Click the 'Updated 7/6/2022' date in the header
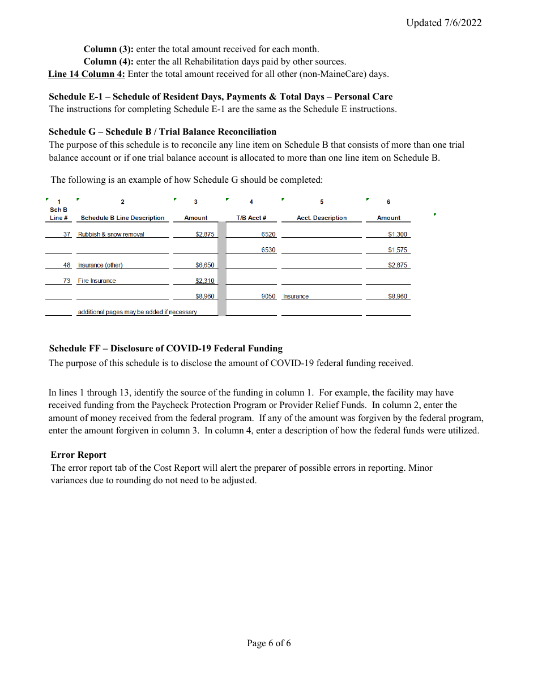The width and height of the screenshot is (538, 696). pos(443,23)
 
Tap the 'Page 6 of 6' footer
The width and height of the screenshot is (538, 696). pos(269,643)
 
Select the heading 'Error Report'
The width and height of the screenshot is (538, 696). pos(78,455)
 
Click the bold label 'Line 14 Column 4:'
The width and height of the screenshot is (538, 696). pos(87,74)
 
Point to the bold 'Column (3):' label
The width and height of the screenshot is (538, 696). pos(109,49)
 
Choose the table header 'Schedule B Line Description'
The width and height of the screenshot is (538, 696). pos(122,218)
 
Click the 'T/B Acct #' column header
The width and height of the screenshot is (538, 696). pos(251,218)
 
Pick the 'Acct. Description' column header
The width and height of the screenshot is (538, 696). pos(322,218)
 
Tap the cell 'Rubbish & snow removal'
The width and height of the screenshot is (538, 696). pos(111,234)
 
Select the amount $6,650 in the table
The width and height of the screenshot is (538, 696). pos(205,265)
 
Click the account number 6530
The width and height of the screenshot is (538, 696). pos(268,250)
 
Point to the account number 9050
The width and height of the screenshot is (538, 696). pos(268,296)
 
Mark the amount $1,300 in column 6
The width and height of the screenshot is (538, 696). pos(398,234)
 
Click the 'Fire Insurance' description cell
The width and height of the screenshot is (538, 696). pos(97,281)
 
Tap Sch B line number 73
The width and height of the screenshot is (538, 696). pos(67,281)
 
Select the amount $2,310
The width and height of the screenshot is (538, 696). pos(205,281)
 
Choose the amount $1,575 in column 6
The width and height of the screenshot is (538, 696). pos(398,250)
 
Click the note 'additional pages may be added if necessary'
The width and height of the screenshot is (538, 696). pos(138,312)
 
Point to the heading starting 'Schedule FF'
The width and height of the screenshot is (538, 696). pos(166,349)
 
